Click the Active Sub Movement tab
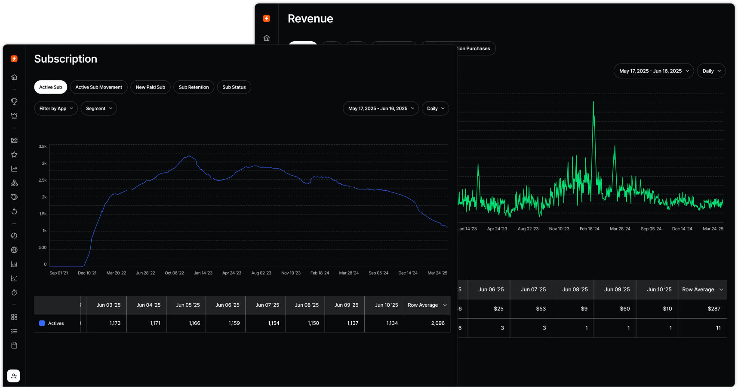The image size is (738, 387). point(98,87)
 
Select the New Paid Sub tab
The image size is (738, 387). point(150,87)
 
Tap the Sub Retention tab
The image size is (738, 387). point(194,87)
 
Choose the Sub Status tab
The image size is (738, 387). point(234,87)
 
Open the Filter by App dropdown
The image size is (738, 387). point(56,109)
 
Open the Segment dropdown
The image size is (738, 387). point(98,109)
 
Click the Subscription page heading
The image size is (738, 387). point(66,59)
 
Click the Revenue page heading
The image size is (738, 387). point(310,18)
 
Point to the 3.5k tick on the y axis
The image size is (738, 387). point(43,146)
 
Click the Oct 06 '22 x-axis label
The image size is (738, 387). point(174,273)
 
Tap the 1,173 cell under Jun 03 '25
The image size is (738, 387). point(115,323)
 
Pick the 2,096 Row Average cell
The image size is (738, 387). point(438,323)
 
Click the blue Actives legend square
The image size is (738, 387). point(42,323)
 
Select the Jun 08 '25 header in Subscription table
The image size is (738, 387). point(306,305)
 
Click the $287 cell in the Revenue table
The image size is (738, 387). point(714,309)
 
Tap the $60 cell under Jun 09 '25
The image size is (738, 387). point(624,309)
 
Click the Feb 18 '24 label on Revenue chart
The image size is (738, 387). point(589,229)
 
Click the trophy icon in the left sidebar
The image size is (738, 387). point(14,101)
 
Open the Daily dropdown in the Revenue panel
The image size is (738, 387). point(711,71)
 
